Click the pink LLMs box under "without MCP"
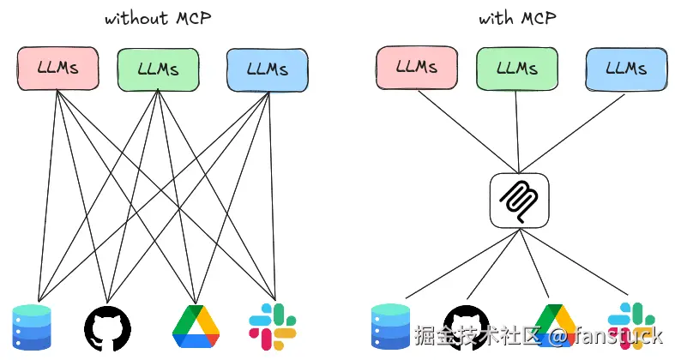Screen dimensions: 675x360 click(57, 69)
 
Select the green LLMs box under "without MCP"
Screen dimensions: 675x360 click(159, 69)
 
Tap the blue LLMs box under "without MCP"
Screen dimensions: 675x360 click(268, 70)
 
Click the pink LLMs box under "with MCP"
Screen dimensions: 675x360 click(417, 68)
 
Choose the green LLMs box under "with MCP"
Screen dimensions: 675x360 click(517, 69)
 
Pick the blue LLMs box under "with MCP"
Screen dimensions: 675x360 click(626, 69)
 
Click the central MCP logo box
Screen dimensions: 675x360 click(520, 201)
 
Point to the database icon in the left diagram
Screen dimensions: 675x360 click(32, 327)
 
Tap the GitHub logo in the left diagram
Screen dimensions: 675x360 click(107, 328)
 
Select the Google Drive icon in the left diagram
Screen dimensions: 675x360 click(196, 327)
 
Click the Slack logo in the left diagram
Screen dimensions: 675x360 click(273, 327)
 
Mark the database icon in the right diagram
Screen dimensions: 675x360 click(390, 327)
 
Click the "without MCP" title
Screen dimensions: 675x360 click(158, 19)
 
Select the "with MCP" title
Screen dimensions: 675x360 click(517, 18)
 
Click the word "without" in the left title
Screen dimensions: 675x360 click(136, 19)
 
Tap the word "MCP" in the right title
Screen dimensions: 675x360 click(539, 18)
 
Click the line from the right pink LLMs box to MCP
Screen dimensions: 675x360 click(468, 132)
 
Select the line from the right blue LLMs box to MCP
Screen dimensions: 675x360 click(572, 134)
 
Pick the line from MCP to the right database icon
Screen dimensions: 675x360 click(463, 264)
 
